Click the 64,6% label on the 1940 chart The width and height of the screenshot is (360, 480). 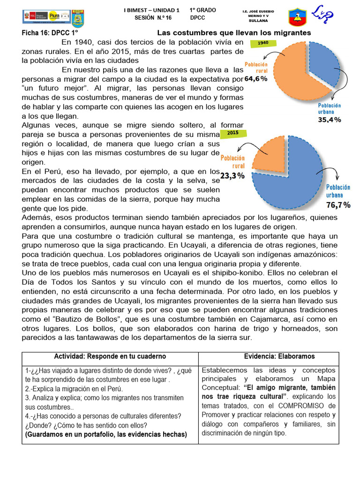click(256, 79)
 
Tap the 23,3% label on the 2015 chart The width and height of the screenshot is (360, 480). click(232, 176)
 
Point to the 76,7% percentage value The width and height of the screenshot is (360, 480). click(338, 205)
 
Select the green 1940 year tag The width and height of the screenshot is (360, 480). click(263, 43)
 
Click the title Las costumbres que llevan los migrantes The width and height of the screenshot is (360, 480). click(234, 33)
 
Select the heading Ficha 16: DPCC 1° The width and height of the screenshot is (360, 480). click(50, 33)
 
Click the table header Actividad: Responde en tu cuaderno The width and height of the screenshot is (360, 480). click(110, 357)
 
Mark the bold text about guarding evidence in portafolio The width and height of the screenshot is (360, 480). click(106, 435)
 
